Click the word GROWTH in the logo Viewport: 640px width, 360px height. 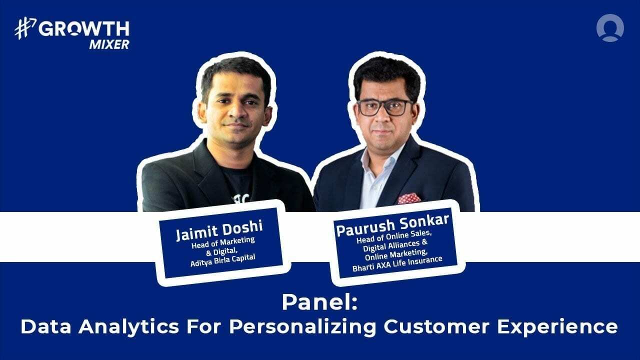coord(84,29)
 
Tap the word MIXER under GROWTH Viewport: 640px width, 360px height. coord(109,44)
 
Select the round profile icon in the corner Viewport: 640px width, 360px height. coord(610,28)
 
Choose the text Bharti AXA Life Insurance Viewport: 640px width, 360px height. coord(398,260)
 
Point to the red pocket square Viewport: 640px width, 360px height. coord(409,198)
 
